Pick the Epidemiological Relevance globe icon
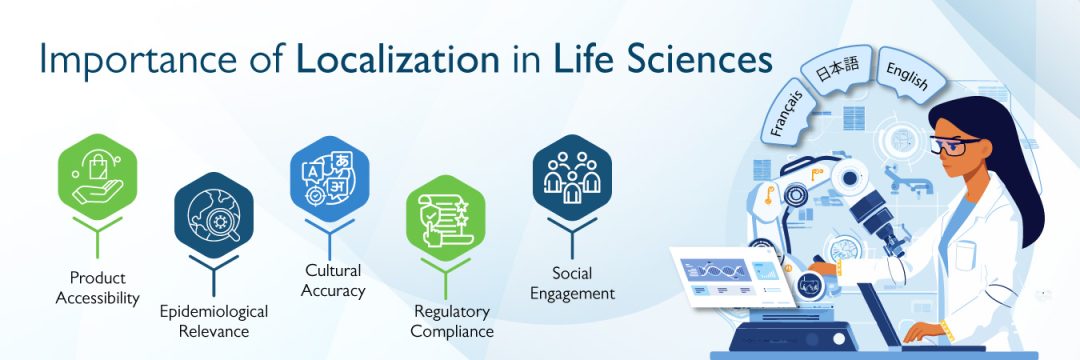213,212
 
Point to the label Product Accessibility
97,287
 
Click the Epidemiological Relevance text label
213,321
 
